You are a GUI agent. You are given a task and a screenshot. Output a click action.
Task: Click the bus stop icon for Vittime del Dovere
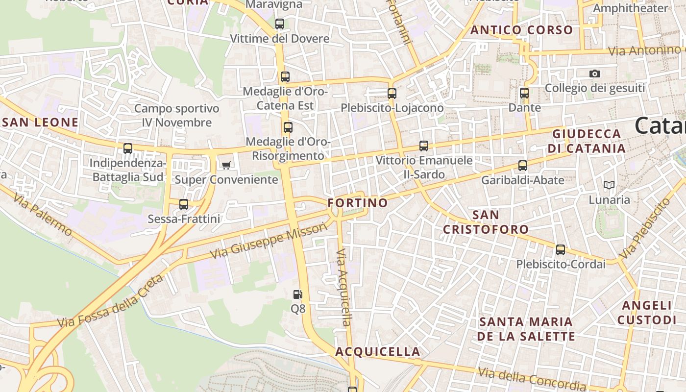pos(280,24)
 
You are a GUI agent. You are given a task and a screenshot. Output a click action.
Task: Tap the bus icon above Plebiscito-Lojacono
pos(392,93)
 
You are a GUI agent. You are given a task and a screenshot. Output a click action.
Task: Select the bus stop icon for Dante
pos(524,93)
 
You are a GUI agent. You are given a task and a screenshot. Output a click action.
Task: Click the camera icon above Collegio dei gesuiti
pos(595,73)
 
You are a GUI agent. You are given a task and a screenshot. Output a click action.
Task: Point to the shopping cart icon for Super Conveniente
pos(226,165)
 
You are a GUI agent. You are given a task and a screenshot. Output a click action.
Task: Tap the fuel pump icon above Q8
pos(297,294)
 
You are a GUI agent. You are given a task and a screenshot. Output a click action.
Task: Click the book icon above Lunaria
pos(609,185)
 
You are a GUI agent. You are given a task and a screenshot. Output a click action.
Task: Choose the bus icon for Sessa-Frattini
pos(184,204)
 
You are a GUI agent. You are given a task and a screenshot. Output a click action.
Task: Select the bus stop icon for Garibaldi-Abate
pos(523,166)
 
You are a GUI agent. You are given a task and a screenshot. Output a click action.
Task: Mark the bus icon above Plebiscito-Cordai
pos(561,250)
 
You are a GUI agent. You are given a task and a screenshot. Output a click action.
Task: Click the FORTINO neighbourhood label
pos(358,203)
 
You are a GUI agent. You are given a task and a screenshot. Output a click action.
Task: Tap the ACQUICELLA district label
pos(378,352)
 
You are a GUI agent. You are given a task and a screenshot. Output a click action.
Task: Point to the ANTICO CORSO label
pos(522,30)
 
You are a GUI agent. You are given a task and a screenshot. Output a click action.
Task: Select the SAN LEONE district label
pos(40,122)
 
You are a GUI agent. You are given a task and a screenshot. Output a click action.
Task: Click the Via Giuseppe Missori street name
pos(268,241)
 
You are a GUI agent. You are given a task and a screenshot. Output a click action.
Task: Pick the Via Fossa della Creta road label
pos(110,302)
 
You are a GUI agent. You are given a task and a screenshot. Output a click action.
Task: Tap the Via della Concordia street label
pos(532,378)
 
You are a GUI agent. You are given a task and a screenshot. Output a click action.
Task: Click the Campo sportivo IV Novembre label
pos(177,116)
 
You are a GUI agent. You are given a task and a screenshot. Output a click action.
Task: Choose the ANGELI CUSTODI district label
pos(647,313)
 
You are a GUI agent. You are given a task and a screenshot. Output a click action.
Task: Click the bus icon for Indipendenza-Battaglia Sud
pos(128,148)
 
